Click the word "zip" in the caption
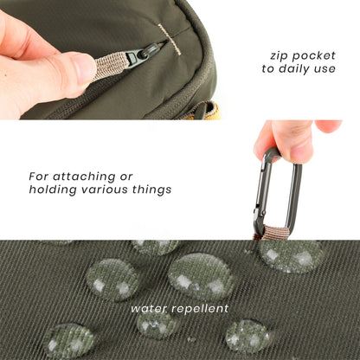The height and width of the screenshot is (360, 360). pyautogui.click(x=279, y=55)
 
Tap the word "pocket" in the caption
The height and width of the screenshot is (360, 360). pyautogui.click(x=313, y=55)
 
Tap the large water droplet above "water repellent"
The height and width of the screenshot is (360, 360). pyautogui.click(x=199, y=275)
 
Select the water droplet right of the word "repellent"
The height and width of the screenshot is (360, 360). pyautogui.click(x=247, y=334)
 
